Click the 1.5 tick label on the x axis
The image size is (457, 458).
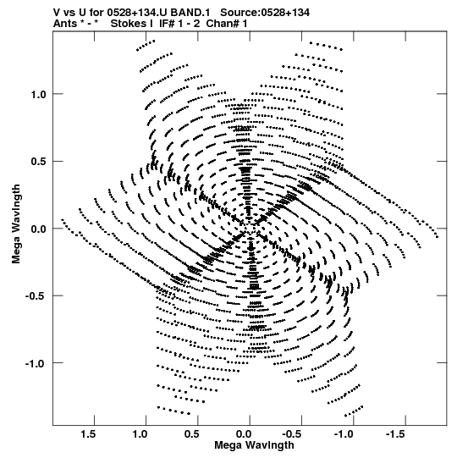pos(89,434)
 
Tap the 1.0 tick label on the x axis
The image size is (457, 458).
pos(140,434)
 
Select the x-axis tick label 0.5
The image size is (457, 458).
pos(192,434)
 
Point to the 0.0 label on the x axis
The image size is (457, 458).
pos(244,434)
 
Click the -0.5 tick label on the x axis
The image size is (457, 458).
pos(293,434)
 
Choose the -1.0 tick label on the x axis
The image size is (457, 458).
pos(344,434)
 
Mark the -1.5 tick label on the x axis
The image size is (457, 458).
pos(396,434)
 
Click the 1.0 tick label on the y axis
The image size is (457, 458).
pos(39,95)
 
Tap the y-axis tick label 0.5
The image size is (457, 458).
pos(39,162)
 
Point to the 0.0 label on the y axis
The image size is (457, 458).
pos(39,229)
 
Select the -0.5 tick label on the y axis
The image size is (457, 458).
pos(36,296)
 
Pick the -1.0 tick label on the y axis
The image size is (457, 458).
pos(36,364)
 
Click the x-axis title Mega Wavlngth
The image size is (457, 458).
pos(254,445)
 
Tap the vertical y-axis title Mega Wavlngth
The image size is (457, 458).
pos(16,224)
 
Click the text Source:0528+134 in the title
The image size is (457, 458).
pos(265,13)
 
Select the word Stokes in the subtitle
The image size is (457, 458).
pos(129,24)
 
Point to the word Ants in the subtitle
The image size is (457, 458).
pos(65,24)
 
